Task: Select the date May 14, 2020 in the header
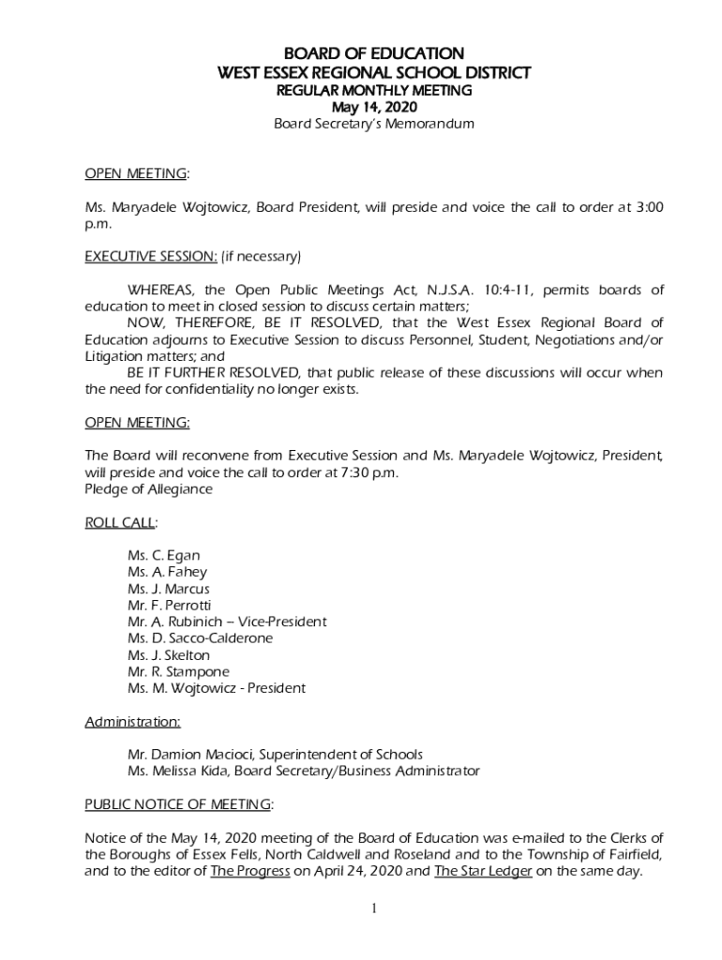[x=373, y=107]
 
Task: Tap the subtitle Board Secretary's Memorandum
[x=373, y=124]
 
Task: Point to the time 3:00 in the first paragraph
[x=646, y=207]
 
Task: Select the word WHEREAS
[x=161, y=290]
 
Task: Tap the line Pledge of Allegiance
[x=148, y=489]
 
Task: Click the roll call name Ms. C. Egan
[x=163, y=556]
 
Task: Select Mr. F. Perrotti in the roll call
[x=169, y=606]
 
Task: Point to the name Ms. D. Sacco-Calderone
[x=200, y=638]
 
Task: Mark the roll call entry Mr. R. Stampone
[x=178, y=671]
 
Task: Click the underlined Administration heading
[x=132, y=722]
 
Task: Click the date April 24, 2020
[x=363, y=871]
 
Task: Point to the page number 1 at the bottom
[x=373, y=908]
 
